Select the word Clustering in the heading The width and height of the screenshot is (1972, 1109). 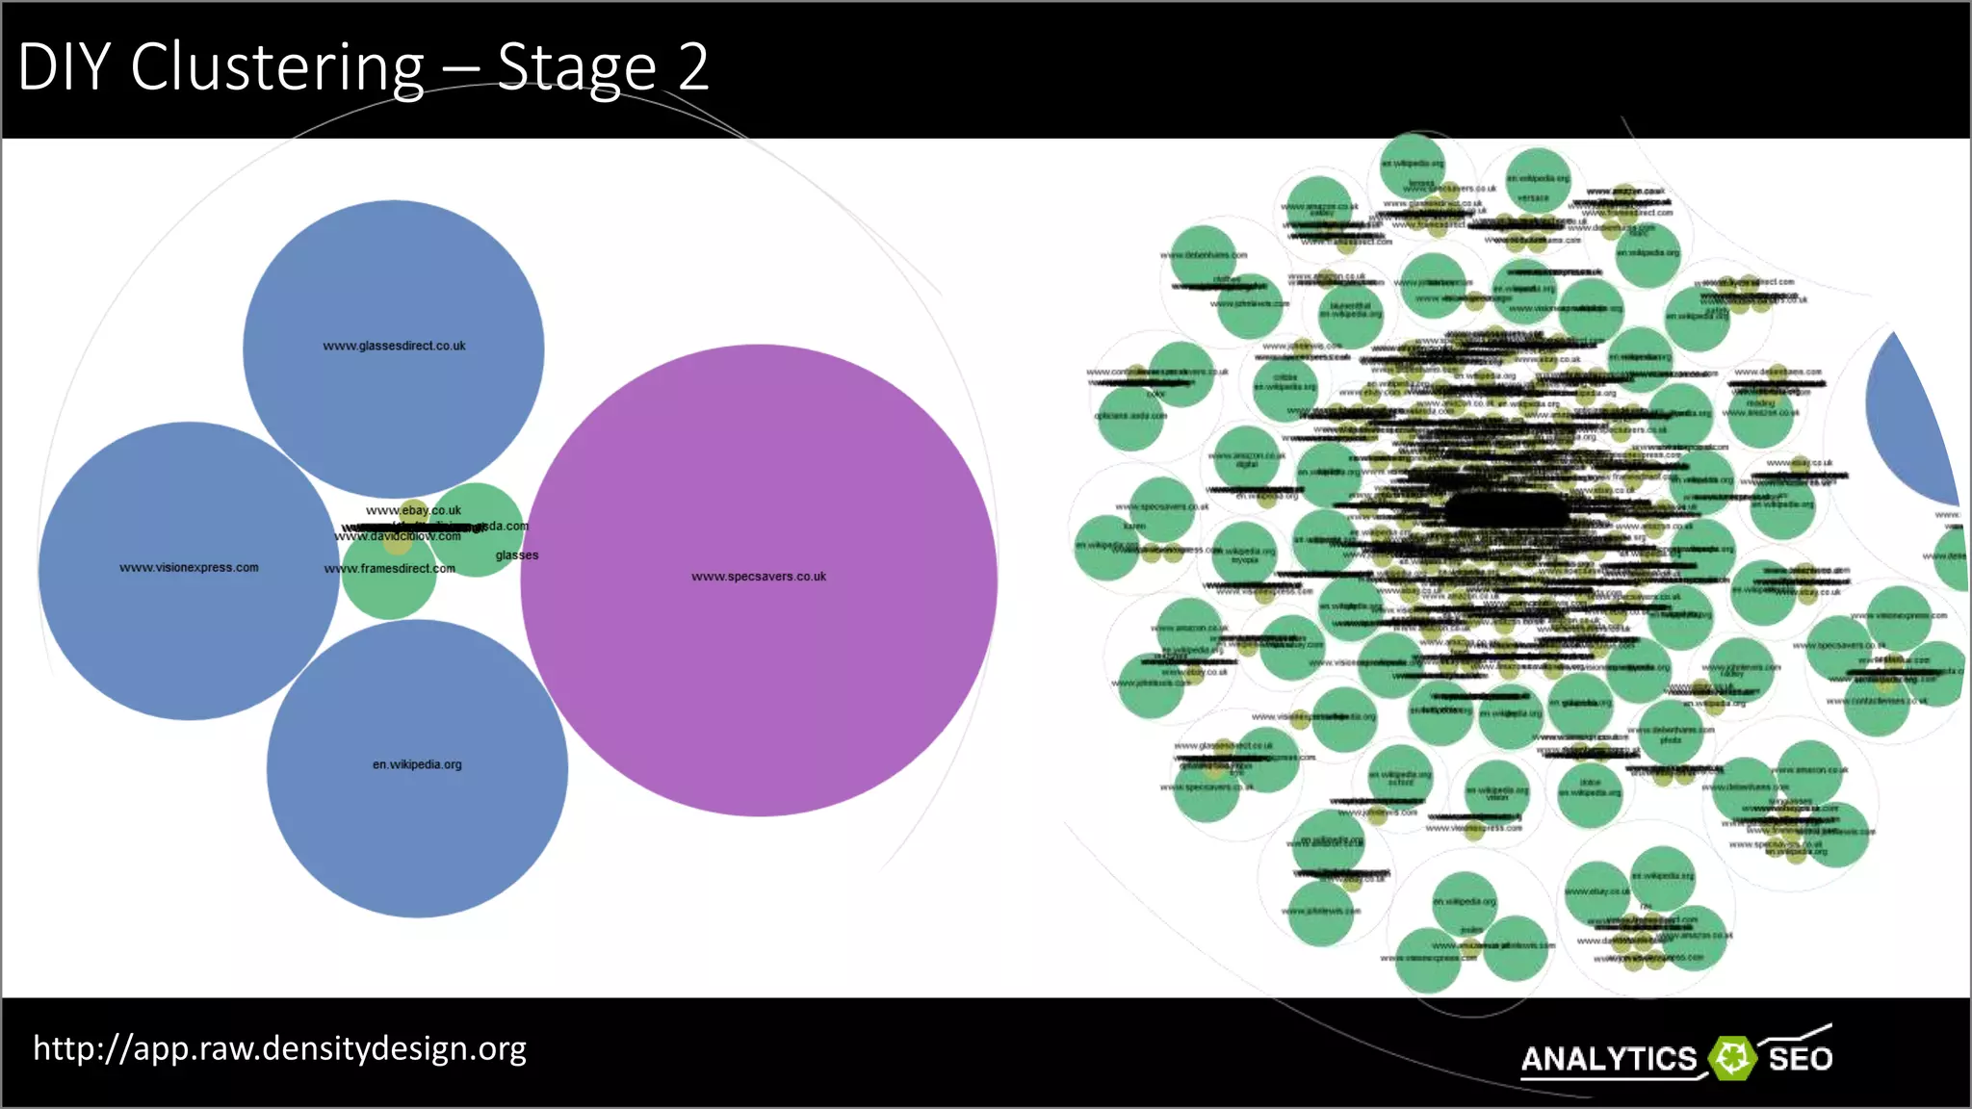point(277,69)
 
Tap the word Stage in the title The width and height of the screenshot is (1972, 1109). point(576,69)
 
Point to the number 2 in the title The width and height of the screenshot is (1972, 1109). point(692,67)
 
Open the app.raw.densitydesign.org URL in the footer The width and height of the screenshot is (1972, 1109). point(279,1048)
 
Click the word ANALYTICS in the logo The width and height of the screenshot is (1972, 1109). point(1608,1060)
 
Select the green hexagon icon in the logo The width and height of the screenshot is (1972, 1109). point(1732,1058)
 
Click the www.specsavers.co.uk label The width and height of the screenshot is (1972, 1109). point(759,577)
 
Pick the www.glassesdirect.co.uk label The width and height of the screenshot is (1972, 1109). point(394,346)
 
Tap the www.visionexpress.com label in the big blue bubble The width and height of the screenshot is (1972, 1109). point(189,568)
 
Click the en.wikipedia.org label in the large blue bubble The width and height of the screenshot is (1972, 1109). point(417,764)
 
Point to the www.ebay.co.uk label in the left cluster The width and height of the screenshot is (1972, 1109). point(413,510)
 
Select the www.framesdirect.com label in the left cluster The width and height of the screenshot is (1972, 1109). point(389,569)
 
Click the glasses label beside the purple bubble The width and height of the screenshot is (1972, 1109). point(517,555)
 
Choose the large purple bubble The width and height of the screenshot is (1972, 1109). point(759,674)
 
